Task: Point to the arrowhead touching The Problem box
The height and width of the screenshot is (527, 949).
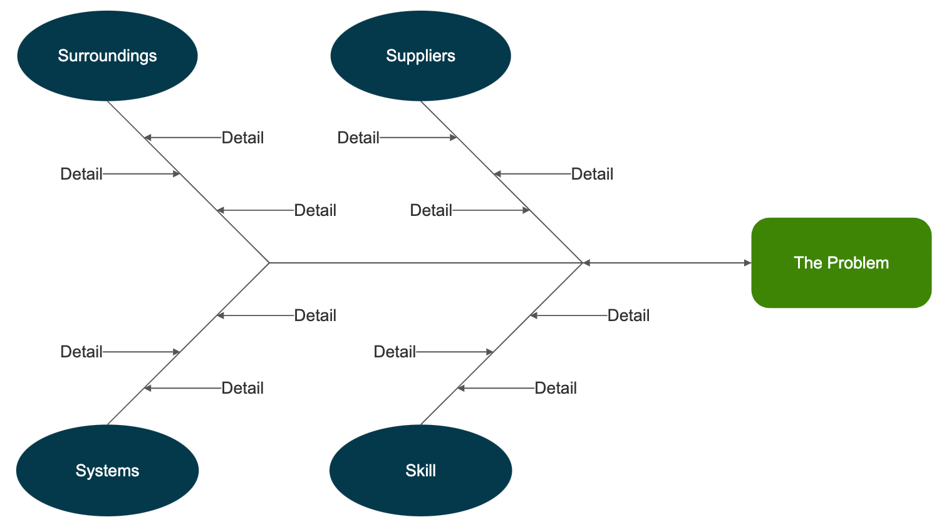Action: coord(747,263)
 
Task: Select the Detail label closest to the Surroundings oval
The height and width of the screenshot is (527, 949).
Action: coord(242,138)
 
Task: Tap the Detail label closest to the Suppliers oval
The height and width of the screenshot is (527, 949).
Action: coord(358,138)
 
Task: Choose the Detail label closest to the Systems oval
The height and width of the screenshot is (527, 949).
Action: coord(242,388)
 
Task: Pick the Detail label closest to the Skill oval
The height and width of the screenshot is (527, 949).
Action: coord(555,388)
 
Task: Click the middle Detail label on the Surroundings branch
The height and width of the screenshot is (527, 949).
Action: coord(81,174)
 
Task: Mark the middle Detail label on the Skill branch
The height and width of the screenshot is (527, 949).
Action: coord(395,352)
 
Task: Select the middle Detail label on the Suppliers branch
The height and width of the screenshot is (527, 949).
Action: coord(592,174)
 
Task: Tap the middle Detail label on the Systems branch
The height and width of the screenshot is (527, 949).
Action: coord(81,352)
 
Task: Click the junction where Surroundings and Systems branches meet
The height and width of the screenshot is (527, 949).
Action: coord(269,263)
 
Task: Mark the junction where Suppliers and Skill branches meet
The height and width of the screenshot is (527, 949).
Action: coord(583,263)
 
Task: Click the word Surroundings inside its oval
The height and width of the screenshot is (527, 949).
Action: coord(107,56)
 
